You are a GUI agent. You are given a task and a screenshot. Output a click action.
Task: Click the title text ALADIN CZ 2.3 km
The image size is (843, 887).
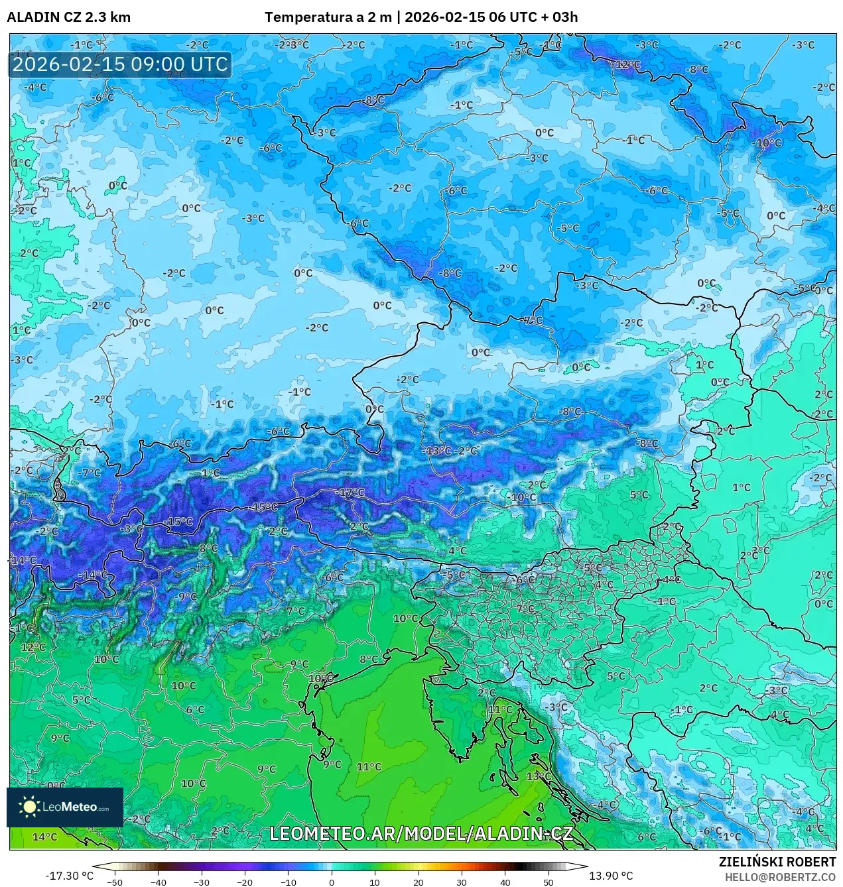(69, 17)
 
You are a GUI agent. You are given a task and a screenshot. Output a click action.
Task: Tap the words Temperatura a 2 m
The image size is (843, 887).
(328, 17)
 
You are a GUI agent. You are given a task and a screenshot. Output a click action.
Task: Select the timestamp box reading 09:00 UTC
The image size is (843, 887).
(120, 64)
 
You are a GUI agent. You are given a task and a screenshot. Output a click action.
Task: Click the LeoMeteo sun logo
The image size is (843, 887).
(30, 807)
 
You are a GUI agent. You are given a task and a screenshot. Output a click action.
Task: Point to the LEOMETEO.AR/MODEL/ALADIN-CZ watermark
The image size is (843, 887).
(421, 833)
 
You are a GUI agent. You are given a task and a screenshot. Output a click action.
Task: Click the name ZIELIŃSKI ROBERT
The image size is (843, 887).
(777, 862)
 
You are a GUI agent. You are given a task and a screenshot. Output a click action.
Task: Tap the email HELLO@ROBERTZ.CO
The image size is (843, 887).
(780, 876)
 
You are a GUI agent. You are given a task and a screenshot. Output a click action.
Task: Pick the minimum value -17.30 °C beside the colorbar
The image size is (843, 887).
(69, 876)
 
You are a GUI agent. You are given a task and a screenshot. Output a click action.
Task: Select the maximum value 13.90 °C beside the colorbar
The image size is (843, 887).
(611, 876)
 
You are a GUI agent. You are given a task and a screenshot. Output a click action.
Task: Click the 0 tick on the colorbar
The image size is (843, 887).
(332, 882)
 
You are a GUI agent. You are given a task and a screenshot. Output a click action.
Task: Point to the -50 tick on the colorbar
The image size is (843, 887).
(115, 882)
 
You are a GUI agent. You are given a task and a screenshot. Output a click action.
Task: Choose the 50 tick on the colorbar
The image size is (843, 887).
(549, 882)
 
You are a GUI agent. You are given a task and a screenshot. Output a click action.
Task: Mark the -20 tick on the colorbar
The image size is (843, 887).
(245, 882)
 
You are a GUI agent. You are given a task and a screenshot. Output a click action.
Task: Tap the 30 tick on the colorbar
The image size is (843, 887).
(462, 882)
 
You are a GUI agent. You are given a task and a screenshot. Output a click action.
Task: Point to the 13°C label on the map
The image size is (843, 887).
(539, 776)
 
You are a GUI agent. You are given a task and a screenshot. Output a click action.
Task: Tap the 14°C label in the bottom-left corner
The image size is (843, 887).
(44, 837)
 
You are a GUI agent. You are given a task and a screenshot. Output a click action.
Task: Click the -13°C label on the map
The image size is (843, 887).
(438, 451)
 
